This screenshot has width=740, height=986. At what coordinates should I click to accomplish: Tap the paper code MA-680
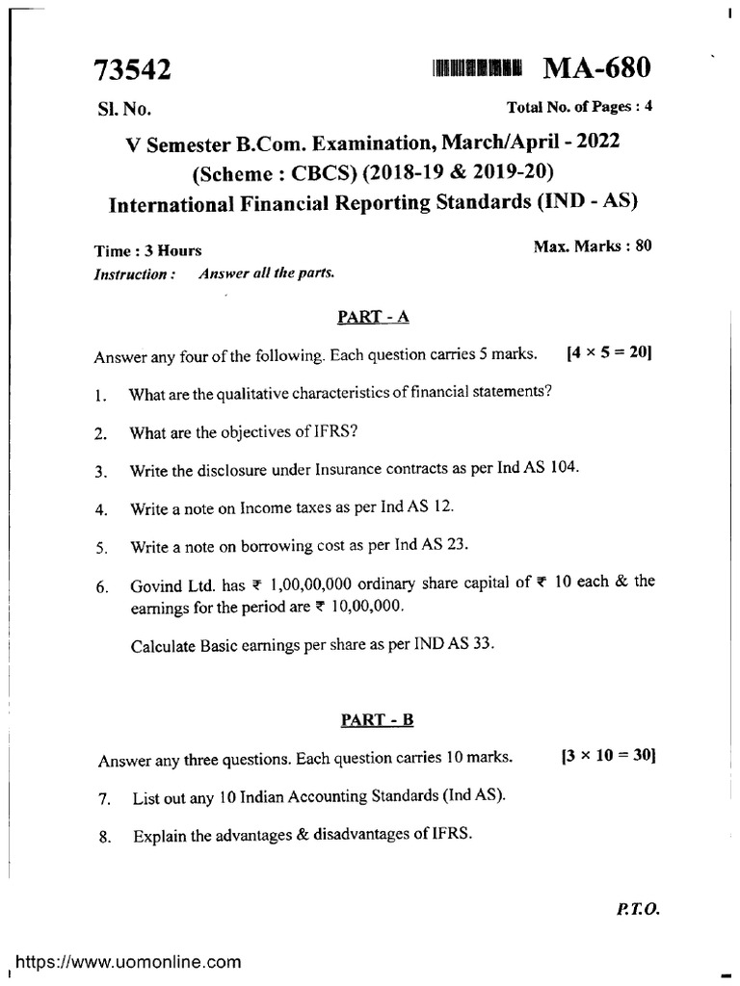click(x=597, y=67)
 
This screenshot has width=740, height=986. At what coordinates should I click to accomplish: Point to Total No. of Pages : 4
click(x=580, y=107)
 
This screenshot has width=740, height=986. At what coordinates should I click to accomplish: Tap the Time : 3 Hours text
click(x=147, y=250)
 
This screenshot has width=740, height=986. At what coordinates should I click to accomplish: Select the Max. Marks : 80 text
click(x=593, y=246)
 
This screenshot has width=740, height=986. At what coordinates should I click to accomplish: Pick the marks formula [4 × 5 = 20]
click(x=610, y=353)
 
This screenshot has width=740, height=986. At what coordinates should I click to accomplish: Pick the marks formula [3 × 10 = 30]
click(x=607, y=757)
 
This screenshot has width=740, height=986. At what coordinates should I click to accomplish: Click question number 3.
click(x=100, y=472)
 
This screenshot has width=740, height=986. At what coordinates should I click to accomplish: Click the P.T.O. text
click(x=634, y=908)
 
